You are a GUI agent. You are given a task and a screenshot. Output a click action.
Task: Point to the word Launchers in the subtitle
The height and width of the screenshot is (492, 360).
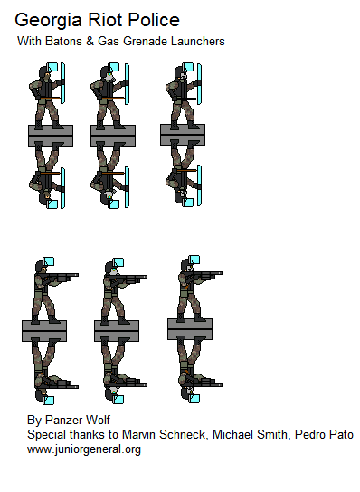click(194, 42)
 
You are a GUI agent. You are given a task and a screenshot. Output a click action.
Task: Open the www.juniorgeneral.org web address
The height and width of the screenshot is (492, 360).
click(83, 449)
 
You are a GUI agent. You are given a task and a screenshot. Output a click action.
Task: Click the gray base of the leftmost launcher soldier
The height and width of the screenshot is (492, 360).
click(44, 331)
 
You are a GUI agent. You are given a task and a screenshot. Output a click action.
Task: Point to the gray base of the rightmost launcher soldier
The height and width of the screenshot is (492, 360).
click(189, 326)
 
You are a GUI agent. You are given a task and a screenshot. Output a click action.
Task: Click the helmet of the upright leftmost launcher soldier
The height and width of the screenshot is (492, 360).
click(40, 267)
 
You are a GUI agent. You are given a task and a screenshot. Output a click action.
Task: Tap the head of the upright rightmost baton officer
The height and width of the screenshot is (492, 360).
click(181, 76)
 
